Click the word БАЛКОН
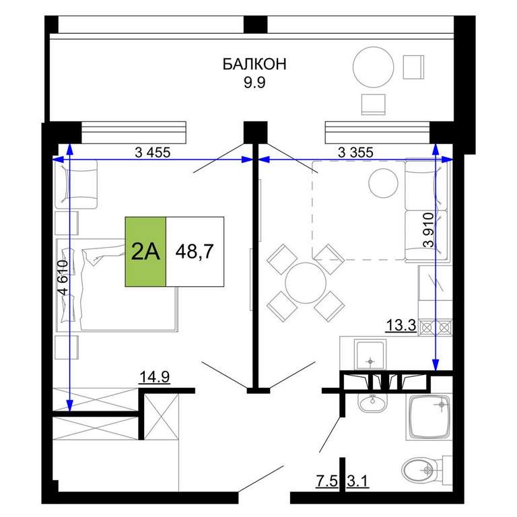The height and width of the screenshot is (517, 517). click(254, 64)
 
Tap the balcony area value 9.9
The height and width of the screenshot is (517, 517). click(254, 82)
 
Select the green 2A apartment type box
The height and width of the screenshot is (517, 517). click(145, 252)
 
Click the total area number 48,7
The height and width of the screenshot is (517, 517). click(195, 252)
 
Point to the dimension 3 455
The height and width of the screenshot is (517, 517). click(153, 152)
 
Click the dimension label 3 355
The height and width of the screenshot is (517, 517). click(355, 152)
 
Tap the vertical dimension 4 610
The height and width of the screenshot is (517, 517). click(63, 277)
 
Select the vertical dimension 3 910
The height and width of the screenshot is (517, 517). click(428, 230)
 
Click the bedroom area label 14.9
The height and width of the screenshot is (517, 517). click(155, 377)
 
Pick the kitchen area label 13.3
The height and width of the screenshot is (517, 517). click(401, 325)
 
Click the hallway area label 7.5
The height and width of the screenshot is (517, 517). click(327, 481)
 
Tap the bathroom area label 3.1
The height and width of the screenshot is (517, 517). click(357, 481)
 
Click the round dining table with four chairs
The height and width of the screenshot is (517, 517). click(306, 283)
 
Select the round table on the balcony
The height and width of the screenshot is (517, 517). click(373, 67)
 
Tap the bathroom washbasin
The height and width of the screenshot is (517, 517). click(372, 402)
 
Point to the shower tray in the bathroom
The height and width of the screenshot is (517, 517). click(429, 417)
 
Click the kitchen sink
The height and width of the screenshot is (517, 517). click(370, 355)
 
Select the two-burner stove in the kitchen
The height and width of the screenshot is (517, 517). click(436, 327)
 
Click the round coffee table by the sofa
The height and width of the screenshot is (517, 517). click(383, 183)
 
